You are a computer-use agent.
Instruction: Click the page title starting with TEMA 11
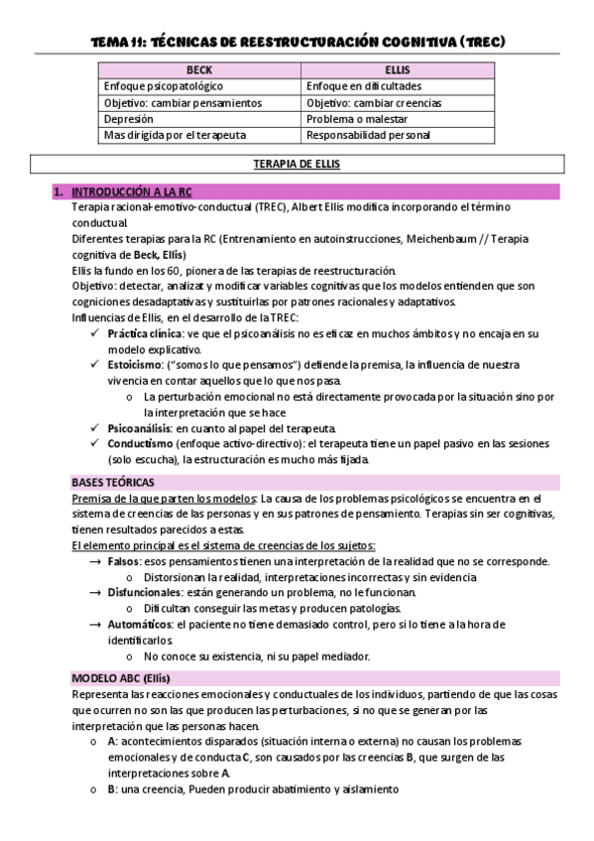297,42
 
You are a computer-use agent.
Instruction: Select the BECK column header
199,71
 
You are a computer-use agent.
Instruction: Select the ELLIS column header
399,71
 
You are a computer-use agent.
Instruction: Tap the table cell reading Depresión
129,119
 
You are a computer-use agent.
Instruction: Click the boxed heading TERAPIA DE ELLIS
297,165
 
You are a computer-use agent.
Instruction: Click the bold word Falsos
124,561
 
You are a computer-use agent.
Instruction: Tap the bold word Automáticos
140,625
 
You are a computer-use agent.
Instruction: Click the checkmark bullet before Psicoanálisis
94,427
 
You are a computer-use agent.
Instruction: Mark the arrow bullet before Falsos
94,561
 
